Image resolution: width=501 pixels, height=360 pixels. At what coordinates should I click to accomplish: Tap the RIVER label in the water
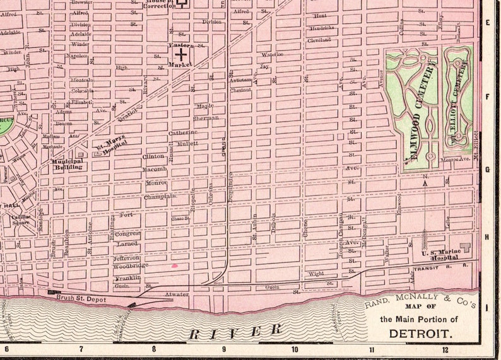(235, 330)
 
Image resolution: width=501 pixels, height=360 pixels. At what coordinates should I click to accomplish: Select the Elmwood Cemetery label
(418, 110)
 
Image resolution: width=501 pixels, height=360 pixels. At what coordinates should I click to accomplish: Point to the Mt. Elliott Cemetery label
(463, 104)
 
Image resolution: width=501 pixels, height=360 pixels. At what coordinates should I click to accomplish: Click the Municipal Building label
(67, 164)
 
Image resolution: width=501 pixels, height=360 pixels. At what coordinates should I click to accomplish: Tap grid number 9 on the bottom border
(223, 349)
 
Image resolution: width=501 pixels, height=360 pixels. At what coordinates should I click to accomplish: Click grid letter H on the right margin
(486, 236)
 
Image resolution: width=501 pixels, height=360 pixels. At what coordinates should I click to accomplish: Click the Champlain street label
(160, 197)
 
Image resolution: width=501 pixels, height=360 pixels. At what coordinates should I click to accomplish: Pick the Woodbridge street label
(130, 265)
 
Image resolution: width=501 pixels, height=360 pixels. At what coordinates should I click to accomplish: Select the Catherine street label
(183, 132)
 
